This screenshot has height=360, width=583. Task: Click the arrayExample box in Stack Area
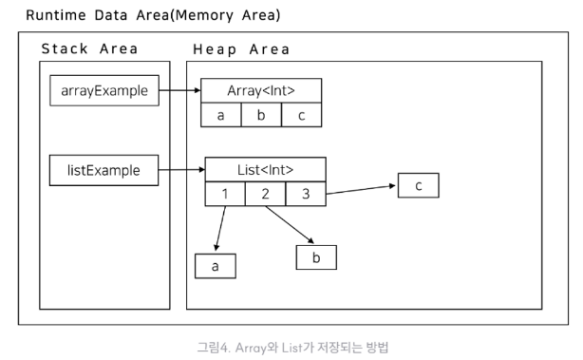[104, 90]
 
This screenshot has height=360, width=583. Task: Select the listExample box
[103, 170]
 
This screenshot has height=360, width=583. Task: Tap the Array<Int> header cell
[261, 90]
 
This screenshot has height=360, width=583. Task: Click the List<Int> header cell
[266, 170]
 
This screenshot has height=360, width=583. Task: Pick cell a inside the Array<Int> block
[221, 115]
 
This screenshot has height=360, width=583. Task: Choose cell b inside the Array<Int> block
[261, 115]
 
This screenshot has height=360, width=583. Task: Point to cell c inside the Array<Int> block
[302, 115]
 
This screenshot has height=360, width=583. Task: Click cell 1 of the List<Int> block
[225, 194]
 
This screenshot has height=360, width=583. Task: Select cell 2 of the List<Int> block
[266, 194]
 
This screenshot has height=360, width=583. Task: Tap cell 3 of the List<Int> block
[306, 194]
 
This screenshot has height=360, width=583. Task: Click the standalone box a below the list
[216, 266]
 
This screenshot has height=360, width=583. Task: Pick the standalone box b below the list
[316, 257]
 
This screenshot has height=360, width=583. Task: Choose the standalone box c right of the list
[419, 185]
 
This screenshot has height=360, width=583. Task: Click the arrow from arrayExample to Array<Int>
[180, 90]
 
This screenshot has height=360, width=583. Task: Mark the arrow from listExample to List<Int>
[181, 170]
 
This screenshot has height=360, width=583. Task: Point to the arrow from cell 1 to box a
[220, 228]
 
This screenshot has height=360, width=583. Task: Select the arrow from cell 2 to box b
[290, 224]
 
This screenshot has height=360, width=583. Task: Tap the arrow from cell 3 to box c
[361, 190]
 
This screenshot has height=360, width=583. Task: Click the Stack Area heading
[89, 48]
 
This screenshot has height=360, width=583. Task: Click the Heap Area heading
[241, 49]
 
